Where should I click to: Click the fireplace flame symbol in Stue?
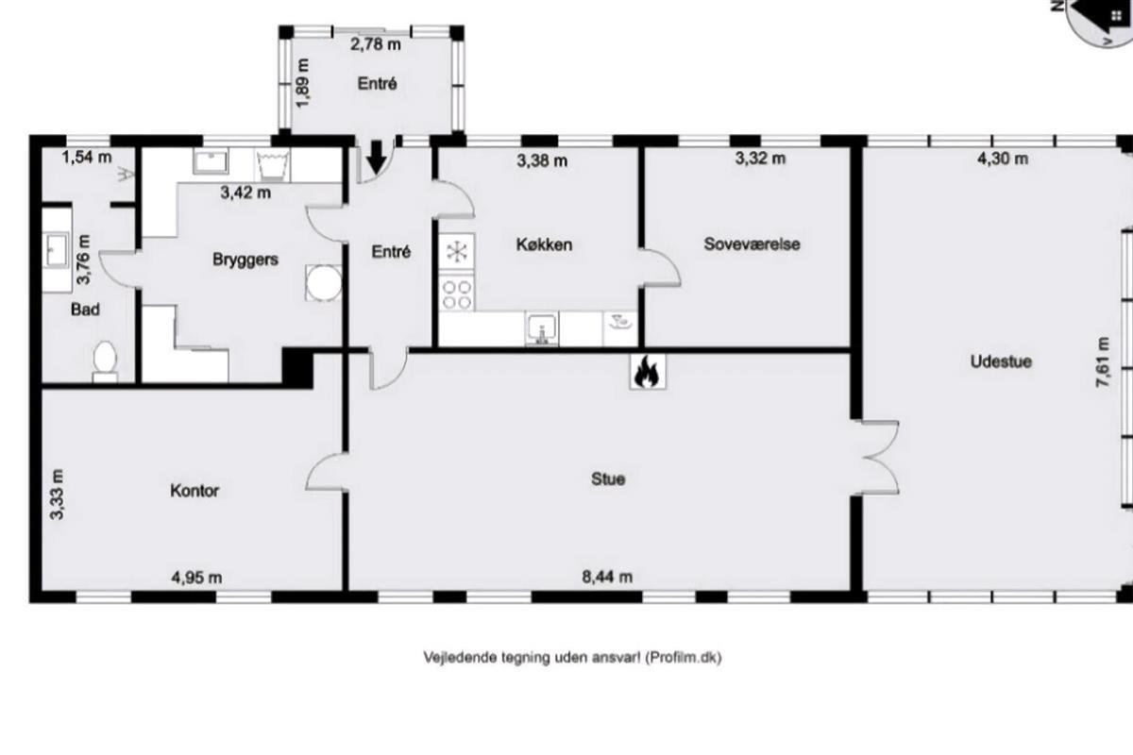pyautogui.click(x=648, y=372)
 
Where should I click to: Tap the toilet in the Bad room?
pyautogui.click(x=105, y=361)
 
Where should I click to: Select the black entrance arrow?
pyautogui.click(x=376, y=158)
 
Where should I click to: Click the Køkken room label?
pyautogui.click(x=544, y=244)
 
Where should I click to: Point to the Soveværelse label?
pyautogui.click(x=753, y=244)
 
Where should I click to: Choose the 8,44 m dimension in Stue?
pyautogui.click(x=607, y=577)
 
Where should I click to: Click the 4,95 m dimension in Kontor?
pyautogui.click(x=196, y=578)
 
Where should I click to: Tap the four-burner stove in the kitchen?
pyautogui.click(x=457, y=294)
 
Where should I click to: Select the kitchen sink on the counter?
pyautogui.click(x=542, y=328)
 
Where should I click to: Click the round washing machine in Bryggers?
pyautogui.click(x=324, y=283)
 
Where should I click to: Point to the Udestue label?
pyautogui.click(x=1001, y=361)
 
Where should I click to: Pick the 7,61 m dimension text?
pyautogui.click(x=1103, y=362)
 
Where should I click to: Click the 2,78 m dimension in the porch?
pyautogui.click(x=376, y=44)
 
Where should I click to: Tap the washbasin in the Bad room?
pyautogui.click(x=57, y=249)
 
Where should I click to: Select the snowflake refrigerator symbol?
pyautogui.click(x=457, y=251)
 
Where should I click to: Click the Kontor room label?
pyautogui.click(x=194, y=491)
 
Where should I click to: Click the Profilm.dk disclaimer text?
pyautogui.click(x=572, y=658)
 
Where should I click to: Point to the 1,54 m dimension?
pyautogui.click(x=87, y=158)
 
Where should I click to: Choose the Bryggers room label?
pyautogui.click(x=245, y=260)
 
